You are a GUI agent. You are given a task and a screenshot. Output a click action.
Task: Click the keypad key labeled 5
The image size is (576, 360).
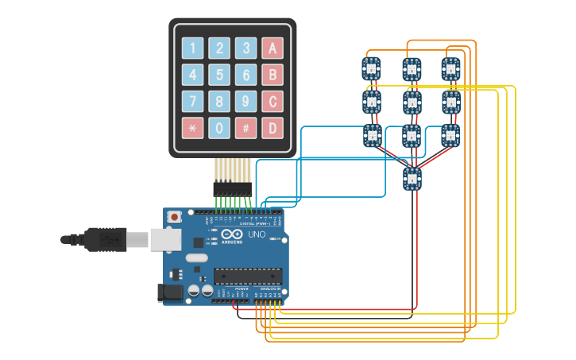(220, 75)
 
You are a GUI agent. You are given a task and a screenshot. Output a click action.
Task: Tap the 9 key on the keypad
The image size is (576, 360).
(246, 101)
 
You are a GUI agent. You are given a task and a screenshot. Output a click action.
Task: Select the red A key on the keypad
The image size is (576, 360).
(273, 48)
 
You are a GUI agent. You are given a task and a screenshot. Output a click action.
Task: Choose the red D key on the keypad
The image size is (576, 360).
(273, 127)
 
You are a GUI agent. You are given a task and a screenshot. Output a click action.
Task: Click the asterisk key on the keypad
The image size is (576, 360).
(193, 127)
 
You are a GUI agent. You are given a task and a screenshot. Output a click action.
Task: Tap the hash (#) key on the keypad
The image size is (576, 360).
(246, 127)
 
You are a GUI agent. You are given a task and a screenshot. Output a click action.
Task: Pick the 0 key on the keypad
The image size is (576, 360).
(220, 127)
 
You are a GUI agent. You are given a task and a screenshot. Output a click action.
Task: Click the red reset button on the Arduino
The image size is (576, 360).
(174, 216)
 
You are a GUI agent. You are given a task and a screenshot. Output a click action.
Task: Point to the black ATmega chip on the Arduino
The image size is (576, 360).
(247, 276)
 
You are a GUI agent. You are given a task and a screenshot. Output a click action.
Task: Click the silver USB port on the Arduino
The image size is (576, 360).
(165, 238)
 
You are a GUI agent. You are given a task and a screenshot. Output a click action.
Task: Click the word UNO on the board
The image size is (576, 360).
(257, 235)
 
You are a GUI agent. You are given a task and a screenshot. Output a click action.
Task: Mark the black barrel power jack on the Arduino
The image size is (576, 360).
(170, 292)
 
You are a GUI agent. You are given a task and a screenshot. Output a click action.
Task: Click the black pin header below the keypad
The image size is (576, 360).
(232, 189)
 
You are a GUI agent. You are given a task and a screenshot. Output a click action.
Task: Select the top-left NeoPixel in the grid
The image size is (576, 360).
(371, 68)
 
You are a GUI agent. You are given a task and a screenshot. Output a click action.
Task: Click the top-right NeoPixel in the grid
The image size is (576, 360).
(450, 68)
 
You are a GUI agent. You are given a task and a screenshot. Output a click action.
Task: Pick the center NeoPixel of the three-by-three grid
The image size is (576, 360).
(411, 102)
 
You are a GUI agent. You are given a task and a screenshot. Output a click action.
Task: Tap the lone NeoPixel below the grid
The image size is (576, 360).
(412, 179)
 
